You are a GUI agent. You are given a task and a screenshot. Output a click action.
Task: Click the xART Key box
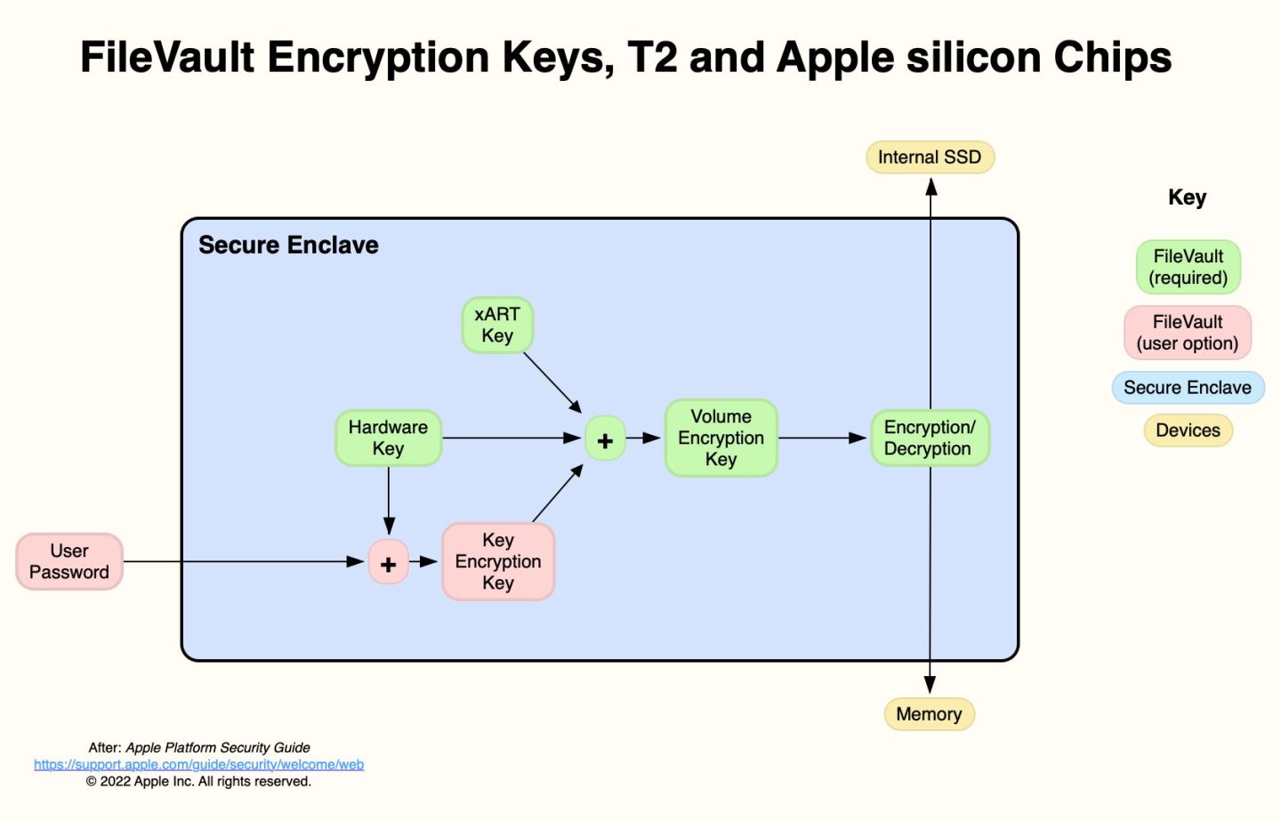[x=497, y=325]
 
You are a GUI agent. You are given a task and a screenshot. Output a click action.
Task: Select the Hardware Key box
[x=388, y=438]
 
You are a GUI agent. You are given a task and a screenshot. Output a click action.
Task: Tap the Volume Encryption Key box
[x=721, y=438]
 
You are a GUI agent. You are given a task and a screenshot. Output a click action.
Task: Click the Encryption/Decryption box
[x=930, y=438]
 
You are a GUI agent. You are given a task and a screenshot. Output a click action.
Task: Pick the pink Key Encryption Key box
[x=498, y=561]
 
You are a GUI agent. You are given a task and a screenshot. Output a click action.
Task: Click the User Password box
[x=69, y=561]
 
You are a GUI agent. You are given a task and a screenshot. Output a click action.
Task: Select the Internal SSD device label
[x=930, y=157]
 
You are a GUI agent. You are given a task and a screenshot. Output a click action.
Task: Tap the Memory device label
[x=929, y=714]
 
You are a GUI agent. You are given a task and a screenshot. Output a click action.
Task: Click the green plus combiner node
[x=605, y=439]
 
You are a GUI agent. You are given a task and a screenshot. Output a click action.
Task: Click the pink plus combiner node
[x=389, y=562]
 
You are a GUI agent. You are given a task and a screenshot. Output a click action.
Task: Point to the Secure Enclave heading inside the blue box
[x=288, y=245]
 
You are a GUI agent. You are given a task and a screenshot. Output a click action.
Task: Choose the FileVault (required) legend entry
[x=1188, y=267]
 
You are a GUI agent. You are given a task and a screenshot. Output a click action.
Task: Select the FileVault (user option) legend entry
[x=1188, y=333]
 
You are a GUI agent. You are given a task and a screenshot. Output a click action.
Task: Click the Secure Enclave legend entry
[x=1188, y=388]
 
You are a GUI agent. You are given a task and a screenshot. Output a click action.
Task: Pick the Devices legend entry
[x=1188, y=431]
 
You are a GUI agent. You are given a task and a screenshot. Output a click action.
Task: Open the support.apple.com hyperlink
[x=198, y=765]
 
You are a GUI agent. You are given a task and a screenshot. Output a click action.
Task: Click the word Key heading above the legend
[x=1187, y=197]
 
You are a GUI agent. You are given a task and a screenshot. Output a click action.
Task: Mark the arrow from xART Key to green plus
[x=552, y=382]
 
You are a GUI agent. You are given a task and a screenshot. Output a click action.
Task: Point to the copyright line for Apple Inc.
[x=198, y=782]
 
